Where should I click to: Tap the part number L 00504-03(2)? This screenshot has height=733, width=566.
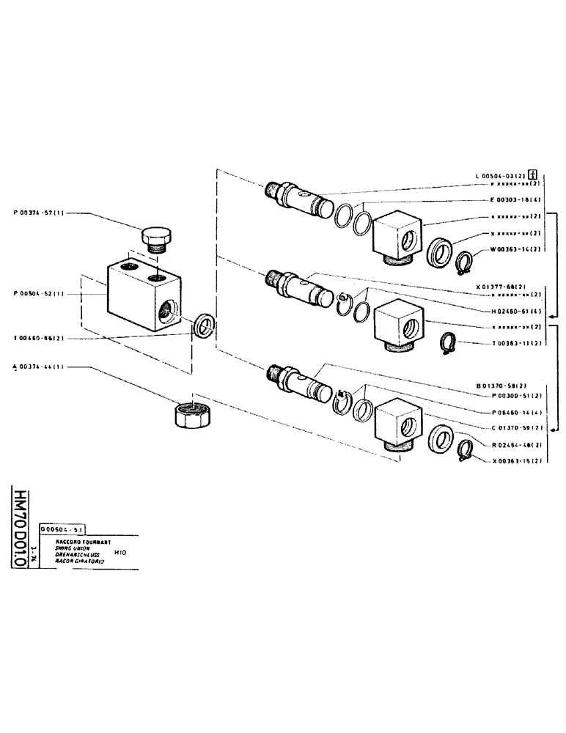click(x=501, y=176)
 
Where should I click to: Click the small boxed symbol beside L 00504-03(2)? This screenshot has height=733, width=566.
click(x=533, y=174)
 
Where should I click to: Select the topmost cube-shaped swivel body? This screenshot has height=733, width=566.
click(x=398, y=236)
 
